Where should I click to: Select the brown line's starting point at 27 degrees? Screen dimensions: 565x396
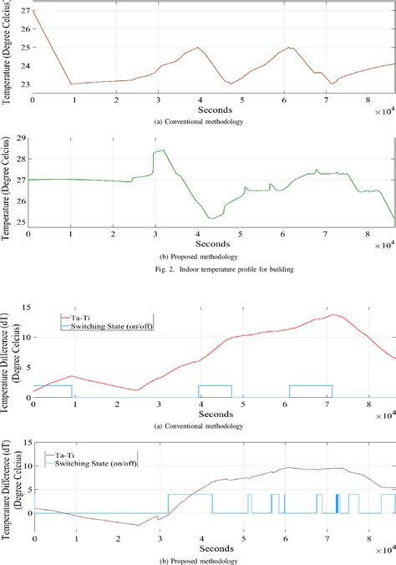point(33,12)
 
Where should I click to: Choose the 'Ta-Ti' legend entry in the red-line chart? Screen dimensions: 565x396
point(86,318)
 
